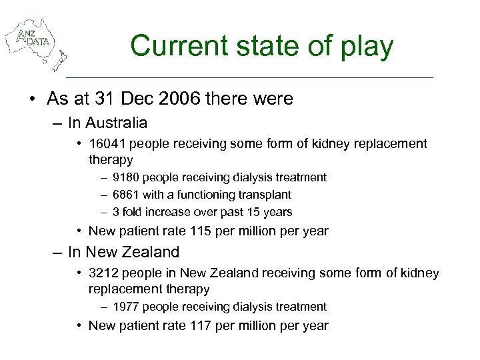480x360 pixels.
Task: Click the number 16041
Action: pyautogui.click(x=107, y=143)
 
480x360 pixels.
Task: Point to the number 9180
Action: pyautogui.click(x=125, y=177)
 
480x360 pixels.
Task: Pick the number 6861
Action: pyautogui.click(x=125, y=195)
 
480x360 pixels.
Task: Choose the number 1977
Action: pyautogui.click(x=125, y=307)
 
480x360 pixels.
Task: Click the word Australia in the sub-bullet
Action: pyautogui.click(x=117, y=123)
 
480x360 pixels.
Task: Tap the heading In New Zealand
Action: pyautogui.click(x=123, y=252)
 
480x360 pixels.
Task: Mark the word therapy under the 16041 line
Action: pyautogui.click(x=111, y=160)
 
